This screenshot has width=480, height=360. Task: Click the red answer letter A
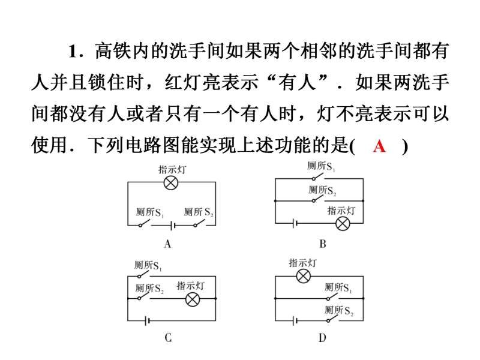coord(379,146)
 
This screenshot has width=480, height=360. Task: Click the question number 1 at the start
coord(73,51)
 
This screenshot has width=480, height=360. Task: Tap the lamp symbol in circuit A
coord(171,183)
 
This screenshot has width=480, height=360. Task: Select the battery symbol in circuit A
coord(173,226)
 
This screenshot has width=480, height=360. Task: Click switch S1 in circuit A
coord(145,223)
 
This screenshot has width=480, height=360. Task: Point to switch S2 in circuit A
coord(200,223)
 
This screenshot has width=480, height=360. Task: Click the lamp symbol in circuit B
coord(343,223)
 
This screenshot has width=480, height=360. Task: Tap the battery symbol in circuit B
coord(295,223)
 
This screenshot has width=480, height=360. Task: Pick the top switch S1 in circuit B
coord(318,176)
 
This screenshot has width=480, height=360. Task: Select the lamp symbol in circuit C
coord(193,299)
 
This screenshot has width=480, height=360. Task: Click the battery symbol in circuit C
coord(147,321)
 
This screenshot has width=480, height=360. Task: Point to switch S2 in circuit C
coord(144,296)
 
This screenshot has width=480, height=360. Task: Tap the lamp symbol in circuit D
coord(303,277)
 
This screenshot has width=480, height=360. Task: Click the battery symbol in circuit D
coord(295,321)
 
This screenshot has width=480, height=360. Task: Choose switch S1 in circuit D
coord(332,296)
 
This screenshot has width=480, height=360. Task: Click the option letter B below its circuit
coord(322,244)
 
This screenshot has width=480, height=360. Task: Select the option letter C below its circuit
coord(168,337)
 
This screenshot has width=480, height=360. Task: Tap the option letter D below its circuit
coord(322,338)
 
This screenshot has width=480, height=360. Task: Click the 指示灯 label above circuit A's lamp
coord(172,169)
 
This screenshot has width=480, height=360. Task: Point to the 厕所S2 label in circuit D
coord(339,310)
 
